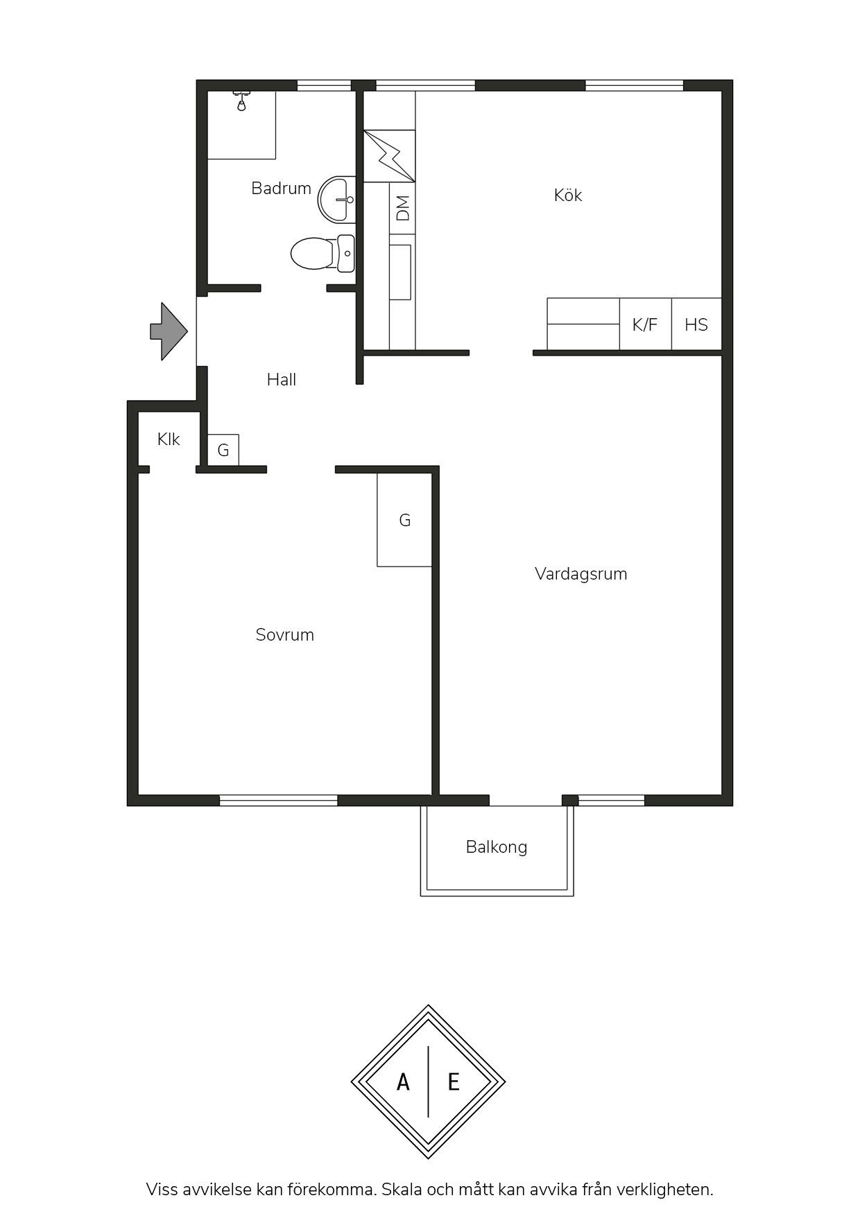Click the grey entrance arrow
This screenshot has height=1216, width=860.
click(169, 331)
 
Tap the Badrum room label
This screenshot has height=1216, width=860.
click(281, 188)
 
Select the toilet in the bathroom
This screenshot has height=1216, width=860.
click(322, 254)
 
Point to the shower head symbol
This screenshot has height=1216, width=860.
click(241, 101)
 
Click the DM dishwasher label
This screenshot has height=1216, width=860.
click(402, 208)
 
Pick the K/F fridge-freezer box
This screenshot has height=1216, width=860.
click(645, 324)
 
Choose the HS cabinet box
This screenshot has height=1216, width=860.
click(696, 324)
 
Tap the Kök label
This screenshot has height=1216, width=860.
click(568, 196)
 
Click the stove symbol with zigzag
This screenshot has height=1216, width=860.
click(389, 156)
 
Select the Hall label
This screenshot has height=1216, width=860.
click(282, 379)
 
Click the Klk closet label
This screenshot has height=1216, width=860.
click(169, 439)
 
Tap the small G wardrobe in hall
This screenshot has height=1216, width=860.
click(223, 450)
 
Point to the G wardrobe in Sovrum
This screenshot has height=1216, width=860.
click(404, 520)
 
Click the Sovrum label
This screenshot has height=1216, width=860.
click(285, 634)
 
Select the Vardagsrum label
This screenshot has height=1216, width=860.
click(581, 574)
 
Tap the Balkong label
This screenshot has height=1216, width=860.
click(497, 847)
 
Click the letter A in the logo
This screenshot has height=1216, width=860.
click(403, 1082)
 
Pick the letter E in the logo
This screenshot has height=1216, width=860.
click(454, 1082)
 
